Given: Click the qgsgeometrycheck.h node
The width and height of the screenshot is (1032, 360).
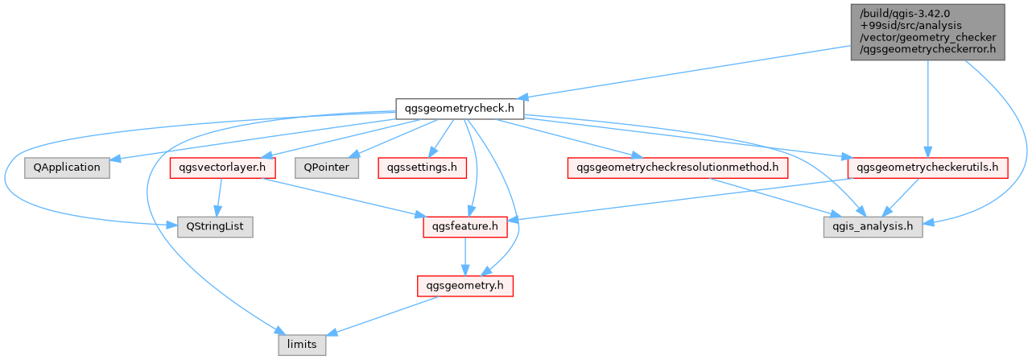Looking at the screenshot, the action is point(460,109).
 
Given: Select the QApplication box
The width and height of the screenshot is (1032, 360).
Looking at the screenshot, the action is point(67,168).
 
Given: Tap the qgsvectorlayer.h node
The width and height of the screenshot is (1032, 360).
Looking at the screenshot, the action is point(222,168).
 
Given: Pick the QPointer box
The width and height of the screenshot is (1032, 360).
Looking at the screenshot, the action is point(327,168).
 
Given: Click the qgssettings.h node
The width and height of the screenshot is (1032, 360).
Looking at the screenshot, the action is point(422,168).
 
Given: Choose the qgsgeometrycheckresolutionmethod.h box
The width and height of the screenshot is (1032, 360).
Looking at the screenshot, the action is point(678,168).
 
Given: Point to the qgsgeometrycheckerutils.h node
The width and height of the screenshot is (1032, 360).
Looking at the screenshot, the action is point(927,168).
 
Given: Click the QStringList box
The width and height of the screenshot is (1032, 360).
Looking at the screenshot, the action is point(215,227).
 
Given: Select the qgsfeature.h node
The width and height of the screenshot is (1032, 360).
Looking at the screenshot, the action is point(464,227).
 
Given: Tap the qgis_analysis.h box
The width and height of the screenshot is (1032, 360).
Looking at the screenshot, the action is point(873,227).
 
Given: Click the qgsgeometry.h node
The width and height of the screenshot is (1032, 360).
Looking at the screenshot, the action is point(464,286).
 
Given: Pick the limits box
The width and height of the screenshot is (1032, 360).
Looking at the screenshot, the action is point(302,345).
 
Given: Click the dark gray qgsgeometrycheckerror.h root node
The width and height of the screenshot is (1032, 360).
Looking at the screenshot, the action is point(927,31).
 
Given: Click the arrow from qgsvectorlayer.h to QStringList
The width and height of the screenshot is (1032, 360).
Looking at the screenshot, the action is point(219,197).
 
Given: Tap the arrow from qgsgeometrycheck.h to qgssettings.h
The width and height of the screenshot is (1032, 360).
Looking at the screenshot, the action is point(441,139).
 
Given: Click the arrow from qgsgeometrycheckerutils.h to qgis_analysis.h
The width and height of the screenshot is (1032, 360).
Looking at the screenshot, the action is point(900,197).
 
